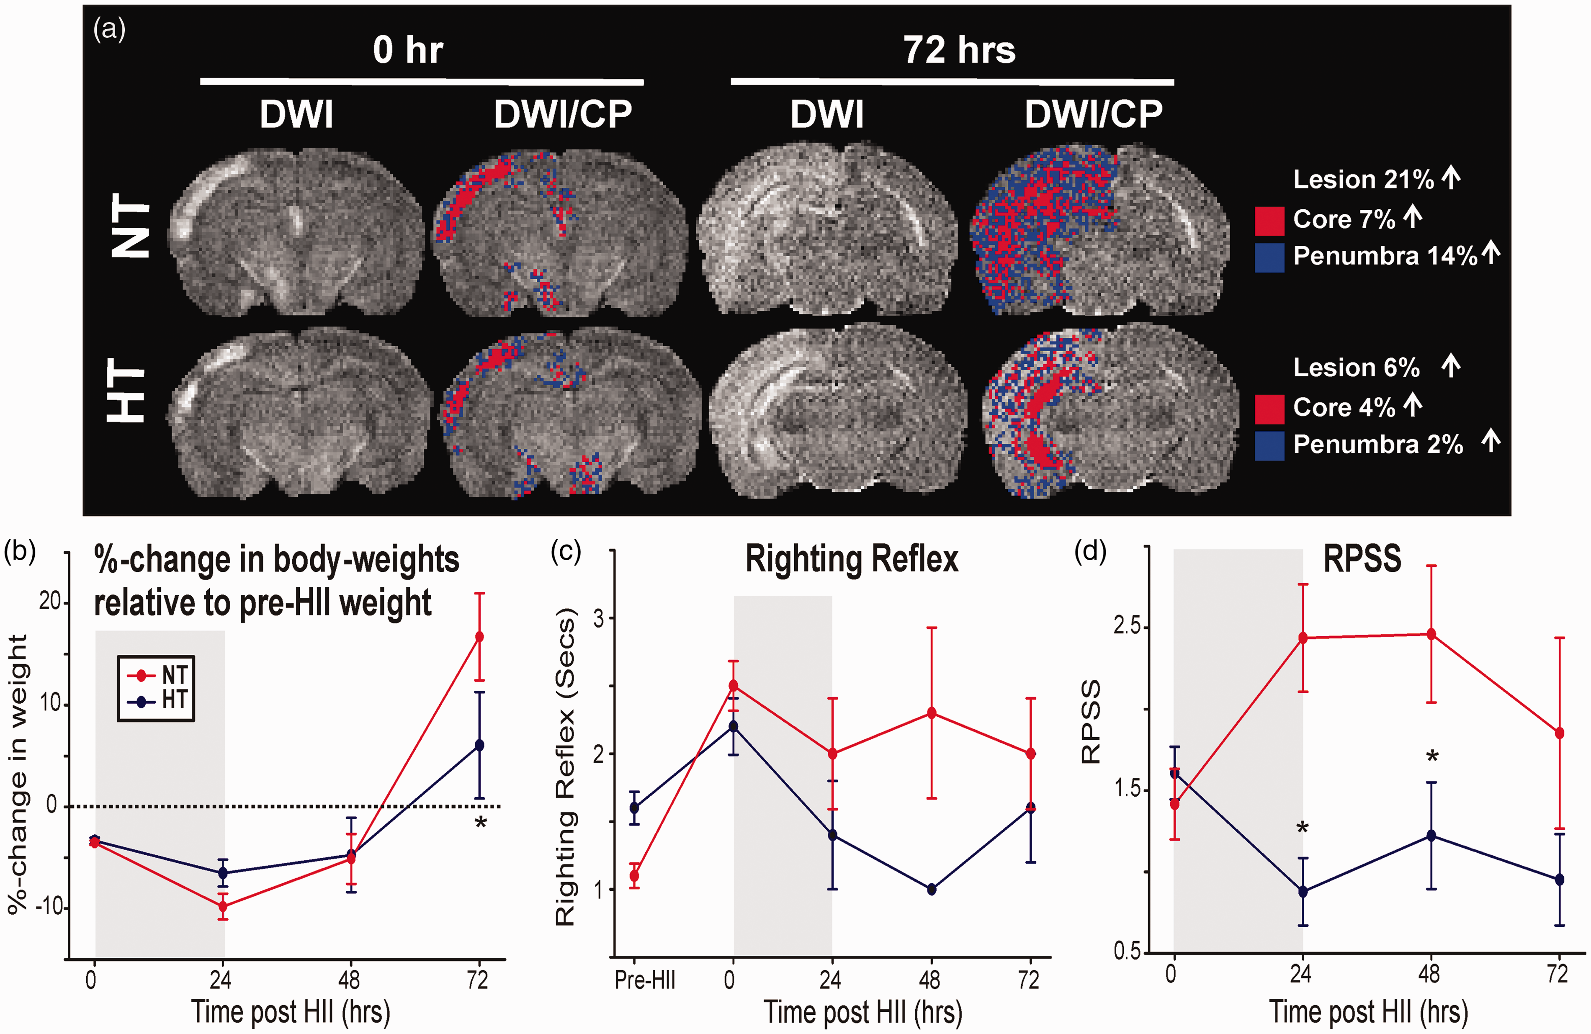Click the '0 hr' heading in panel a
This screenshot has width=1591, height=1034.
coord(408,50)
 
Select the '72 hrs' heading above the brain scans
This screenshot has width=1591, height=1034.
coord(959,50)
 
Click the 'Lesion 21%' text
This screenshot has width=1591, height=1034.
coord(1364,179)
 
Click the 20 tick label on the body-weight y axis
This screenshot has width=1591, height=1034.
coord(50,601)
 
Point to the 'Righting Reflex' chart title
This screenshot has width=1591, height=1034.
coord(852,559)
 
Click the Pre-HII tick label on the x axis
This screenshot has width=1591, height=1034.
coord(645,980)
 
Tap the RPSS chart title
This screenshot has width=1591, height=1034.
coord(1362,559)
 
